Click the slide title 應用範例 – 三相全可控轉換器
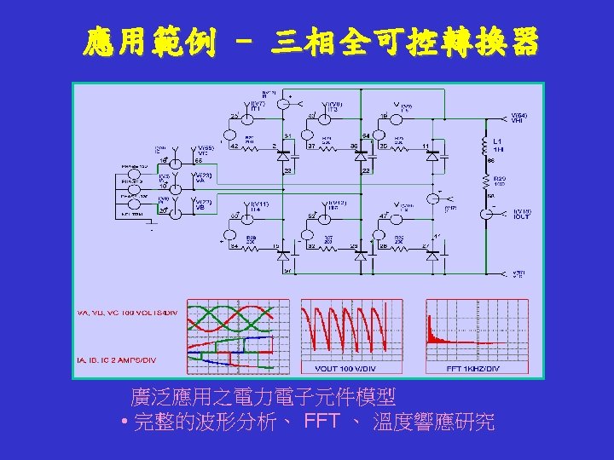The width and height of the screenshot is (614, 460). [311, 42]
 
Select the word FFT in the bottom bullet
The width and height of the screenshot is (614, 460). [321, 422]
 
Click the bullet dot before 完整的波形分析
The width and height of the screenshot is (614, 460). [125, 423]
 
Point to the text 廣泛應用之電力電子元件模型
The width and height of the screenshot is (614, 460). [263, 397]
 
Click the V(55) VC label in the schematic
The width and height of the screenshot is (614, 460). [203, 151]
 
